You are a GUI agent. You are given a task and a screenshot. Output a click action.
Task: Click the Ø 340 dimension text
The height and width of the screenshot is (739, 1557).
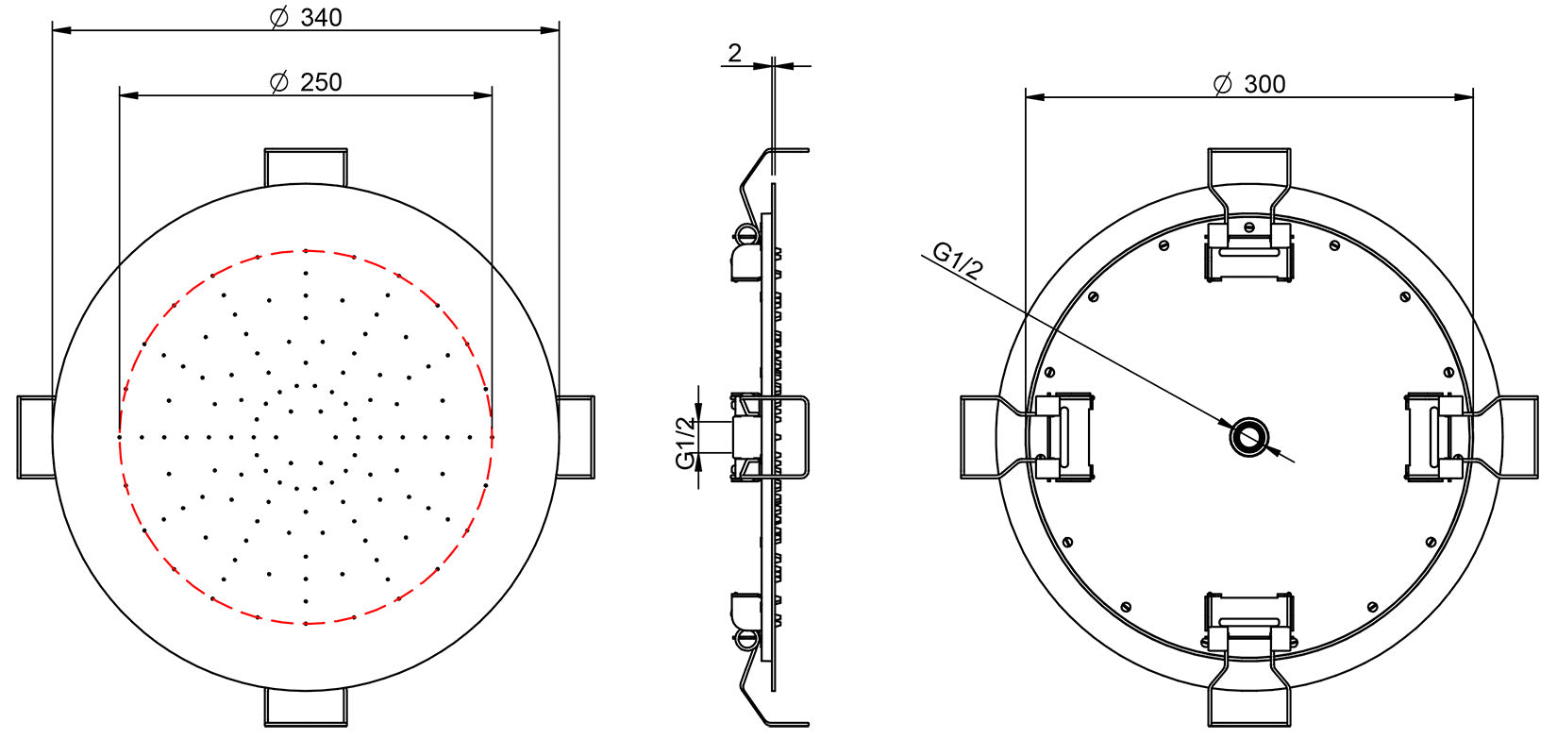[306, 17]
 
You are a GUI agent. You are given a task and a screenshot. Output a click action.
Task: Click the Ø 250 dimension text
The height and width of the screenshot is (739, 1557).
[306, 82]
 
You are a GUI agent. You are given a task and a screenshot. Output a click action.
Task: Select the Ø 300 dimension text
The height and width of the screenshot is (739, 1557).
[1248, 84]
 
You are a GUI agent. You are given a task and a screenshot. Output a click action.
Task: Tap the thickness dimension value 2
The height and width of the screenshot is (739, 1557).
[735, 54]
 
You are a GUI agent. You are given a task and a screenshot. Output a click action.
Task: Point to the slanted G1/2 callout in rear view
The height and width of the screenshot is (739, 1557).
[959, 260]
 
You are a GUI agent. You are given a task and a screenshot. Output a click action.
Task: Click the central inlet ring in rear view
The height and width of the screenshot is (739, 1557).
[1248, 437]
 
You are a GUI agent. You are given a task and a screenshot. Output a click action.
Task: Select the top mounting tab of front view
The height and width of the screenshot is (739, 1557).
[306, 165]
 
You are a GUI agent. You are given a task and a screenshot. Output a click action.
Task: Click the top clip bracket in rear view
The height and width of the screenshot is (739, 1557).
[1248, 249]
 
